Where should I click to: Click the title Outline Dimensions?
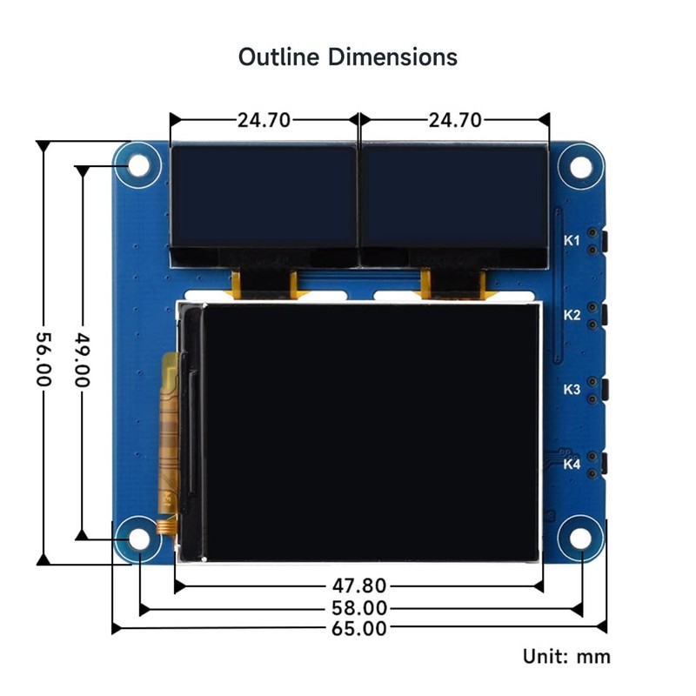(x=348, y=57)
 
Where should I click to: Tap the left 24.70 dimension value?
(x=264, y=120)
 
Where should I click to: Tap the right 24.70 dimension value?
(x=453, y=120)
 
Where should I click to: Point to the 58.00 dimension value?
(x=358, y=608)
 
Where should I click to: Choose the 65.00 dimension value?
(x=358, y=629)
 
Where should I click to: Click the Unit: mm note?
(x=566, y=656)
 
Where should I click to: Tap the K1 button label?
(x=572, y=240)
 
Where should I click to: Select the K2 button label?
(x=572, y=315)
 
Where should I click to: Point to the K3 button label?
(x=572, y=390)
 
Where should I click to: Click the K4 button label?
(x=572, y=465)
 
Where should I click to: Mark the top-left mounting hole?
(x=139, y=165)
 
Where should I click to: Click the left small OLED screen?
(x=263, y=197)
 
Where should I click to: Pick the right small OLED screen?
(x=453, y=197)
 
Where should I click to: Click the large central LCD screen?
(x=369, y=431)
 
